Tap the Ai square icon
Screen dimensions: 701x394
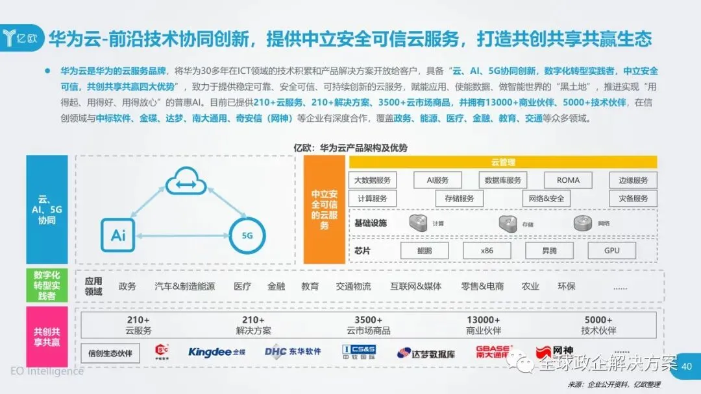click(x=118, y=235)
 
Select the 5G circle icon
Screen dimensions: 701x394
click(x=247, y=235)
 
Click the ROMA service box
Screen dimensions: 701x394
click(x=568, y=180)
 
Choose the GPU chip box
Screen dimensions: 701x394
click(x=611, y=250)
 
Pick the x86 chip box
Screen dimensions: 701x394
click(x=486, y=250)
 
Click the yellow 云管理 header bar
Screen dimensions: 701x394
click(x=503, y=162)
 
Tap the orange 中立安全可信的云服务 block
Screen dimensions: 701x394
click(x=324, y=209)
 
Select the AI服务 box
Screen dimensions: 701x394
click(x=437, y=180)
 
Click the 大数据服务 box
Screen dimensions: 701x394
click(x=373, y=180)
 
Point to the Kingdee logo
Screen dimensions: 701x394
click(x=217, y=352)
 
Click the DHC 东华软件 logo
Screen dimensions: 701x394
click(x=293, y=352)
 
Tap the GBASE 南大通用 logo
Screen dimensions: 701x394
click(x=493, y=352)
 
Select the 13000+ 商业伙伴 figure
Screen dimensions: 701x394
click(x=483, y=325)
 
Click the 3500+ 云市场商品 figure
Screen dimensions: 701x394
click(x=368, y=325)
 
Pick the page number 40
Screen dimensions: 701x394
click(x=687, y=367)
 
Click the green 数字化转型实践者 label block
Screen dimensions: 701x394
click(x=47, y=286)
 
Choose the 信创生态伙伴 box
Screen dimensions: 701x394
click(x=110, y=353)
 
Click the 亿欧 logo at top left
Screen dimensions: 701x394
click(x=24, y=36)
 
